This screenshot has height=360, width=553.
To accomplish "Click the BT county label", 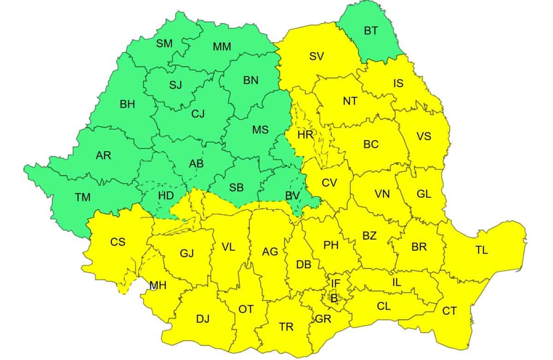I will [371, 31].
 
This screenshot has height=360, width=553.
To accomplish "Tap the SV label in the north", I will [317, 56].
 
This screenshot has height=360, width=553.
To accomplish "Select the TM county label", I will [82, 197].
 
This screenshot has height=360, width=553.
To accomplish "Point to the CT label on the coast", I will [449, 311].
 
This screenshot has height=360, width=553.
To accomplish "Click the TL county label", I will [482, 250].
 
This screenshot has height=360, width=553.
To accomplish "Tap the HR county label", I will [305, 135].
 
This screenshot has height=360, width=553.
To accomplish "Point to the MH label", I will [158, 285].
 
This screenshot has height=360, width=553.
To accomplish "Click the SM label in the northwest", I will [164, 44].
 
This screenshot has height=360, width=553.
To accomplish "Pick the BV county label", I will [292, 195].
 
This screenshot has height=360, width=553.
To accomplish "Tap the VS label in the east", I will [424, 136].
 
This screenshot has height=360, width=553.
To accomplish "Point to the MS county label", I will [260, 130].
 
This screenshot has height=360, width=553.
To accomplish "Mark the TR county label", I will [286, 327].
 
